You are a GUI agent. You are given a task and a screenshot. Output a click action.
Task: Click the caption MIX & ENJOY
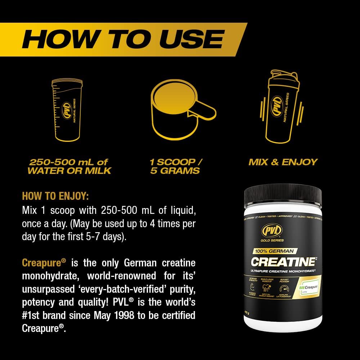283,162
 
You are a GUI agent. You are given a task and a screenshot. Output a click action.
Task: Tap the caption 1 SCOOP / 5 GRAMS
176,166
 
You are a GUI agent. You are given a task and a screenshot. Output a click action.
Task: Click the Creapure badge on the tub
307,288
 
